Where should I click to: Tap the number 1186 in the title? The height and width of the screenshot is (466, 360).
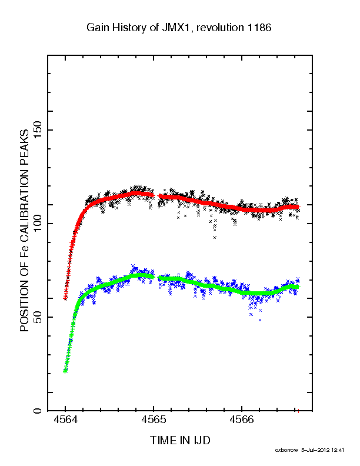259,28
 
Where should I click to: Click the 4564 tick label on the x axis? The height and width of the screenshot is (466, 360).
65,420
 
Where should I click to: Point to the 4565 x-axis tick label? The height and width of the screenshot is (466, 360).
154,420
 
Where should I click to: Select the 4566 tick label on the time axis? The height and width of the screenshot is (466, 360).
242,420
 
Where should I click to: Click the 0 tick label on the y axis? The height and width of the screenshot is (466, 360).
38,411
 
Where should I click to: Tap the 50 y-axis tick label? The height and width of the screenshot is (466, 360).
38,317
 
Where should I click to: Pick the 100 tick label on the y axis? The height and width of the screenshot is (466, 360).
38,224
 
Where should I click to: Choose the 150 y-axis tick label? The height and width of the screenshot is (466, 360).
38,130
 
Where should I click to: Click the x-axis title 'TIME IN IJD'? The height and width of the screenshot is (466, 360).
180,440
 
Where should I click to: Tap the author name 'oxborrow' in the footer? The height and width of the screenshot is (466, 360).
286,450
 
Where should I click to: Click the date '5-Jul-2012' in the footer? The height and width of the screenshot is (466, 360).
315,450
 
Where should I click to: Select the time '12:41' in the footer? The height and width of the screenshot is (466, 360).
338,450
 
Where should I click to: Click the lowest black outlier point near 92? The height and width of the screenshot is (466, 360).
215,237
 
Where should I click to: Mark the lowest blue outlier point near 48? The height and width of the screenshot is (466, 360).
260,320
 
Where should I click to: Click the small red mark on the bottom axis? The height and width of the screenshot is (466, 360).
298,411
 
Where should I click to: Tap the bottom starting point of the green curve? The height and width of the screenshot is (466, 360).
65,371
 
